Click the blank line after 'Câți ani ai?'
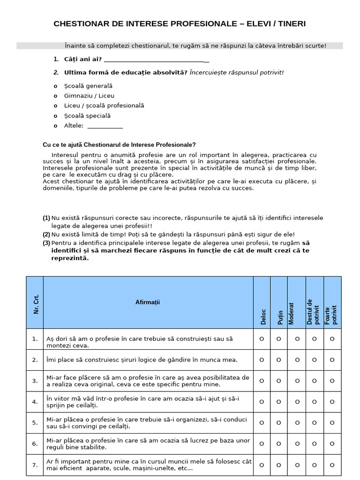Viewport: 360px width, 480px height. coord(156,60)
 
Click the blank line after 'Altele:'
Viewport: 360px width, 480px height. coord(105,126)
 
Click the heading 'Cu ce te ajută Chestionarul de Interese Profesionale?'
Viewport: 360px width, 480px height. coord(120,145)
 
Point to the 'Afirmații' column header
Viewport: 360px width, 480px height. coord(148,302)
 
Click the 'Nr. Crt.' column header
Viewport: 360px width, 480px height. coord(36,304)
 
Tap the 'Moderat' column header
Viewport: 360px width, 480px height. coord(292,313)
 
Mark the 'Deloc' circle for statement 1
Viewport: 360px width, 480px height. coord(262,339)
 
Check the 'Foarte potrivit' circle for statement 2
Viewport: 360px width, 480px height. coord(332,360)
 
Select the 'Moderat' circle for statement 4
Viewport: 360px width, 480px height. coord(297,402)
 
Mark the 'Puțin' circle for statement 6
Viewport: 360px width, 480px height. coord(278,443)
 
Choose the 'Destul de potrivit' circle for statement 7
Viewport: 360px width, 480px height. coord(314,465)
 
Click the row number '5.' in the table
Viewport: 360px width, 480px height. coord(35,422)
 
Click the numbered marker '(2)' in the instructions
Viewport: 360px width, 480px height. coord(46,234)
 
